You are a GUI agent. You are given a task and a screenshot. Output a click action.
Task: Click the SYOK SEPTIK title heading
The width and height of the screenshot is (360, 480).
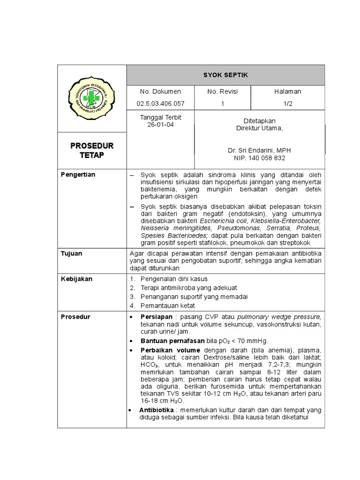tap(225, 75)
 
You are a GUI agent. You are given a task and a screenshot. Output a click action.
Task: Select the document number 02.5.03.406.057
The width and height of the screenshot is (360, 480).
tap(160, 104)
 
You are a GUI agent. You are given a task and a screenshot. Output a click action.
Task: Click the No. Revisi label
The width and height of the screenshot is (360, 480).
tap(222, 91)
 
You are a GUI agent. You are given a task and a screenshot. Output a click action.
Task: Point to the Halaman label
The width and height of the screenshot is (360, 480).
tap(288, 91)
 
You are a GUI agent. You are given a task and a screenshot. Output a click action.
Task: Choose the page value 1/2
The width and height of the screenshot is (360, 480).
tap(287, 104)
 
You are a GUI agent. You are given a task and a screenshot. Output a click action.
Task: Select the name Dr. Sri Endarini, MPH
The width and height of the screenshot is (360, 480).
tap(259, 150)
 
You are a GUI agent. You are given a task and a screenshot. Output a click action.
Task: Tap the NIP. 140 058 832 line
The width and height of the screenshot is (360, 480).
tap(259, 158)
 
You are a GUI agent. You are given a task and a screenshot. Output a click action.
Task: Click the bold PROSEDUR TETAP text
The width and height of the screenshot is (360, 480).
tap(92, 150)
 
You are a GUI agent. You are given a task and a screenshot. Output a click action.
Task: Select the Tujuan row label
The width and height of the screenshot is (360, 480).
tap(72, 253)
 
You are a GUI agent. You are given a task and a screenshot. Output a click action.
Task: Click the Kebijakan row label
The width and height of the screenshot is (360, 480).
tap(76, 278)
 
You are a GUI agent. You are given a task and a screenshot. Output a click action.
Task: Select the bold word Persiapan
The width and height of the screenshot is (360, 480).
tap(157, 316)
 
